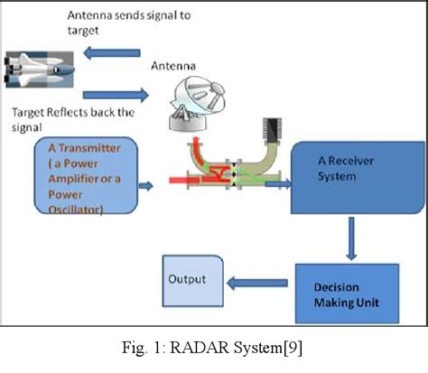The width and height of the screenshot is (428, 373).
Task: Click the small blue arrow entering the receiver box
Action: click(277, 184)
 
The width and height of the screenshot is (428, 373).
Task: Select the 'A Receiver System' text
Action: click(343, 168)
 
